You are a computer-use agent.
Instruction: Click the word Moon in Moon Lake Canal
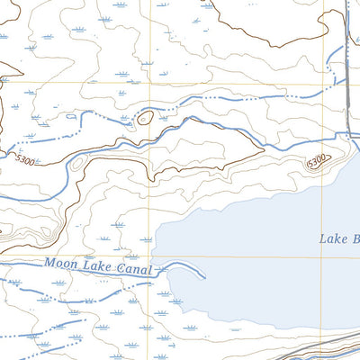pos(59,265)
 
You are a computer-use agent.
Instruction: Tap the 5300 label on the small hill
pos(315,162)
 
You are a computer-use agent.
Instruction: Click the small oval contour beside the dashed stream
pos(143,117)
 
